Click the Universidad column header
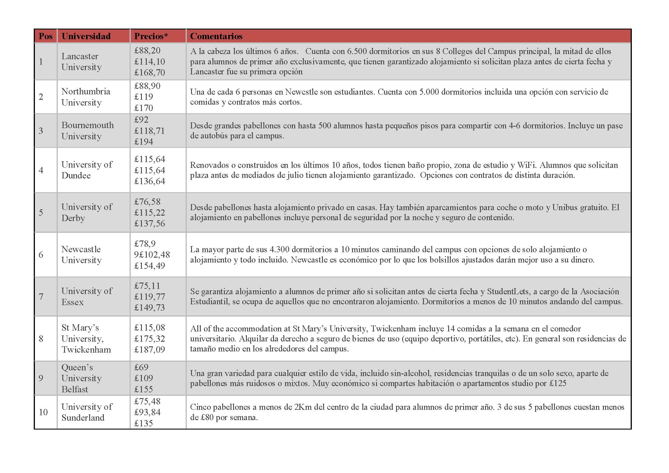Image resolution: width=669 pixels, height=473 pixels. tap(86, 36)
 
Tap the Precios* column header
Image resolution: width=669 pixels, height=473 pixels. tap(151, 36)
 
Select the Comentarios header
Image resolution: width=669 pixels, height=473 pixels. tap(216, 36)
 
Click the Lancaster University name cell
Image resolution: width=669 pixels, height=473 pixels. tap(81, 61)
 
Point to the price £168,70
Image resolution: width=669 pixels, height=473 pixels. tap(150, 72)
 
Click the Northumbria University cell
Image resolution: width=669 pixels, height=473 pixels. tap(86, 97)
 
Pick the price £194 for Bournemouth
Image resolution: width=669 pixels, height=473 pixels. tap(143, 142)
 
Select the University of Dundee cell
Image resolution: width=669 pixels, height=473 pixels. tap(87, 170)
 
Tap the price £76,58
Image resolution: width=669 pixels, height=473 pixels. tap(147, 202)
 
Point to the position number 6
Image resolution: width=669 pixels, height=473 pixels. tap(41, 255)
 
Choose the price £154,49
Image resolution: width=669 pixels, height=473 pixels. tap(150, 266)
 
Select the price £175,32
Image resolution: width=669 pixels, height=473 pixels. tap(150, 338)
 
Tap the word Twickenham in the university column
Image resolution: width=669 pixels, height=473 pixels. tap(86, 349)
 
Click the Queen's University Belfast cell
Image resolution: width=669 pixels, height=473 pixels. tap(81, 378)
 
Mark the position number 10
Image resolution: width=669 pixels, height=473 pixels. tap(43, 412)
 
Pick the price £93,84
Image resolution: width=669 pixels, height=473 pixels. tap(147, 412)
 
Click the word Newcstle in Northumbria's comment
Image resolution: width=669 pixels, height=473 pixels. tap(300, 92)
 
